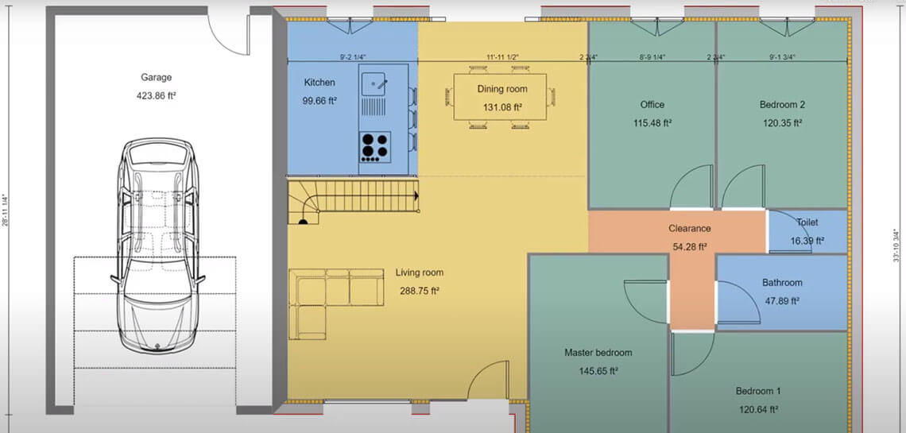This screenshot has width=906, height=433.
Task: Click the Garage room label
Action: tap(157, 78)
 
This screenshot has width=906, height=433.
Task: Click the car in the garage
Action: tap(156, 246)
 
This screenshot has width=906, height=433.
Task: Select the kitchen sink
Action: tap(375, 81)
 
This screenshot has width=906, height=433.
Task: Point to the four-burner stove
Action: tap(375, 145)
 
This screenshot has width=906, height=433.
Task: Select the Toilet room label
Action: tap(807, 223)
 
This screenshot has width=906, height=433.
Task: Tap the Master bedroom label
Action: tap(598, 353)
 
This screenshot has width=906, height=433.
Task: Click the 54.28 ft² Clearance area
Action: tap(688, 246)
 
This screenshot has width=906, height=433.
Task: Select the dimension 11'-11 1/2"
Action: tap(503, 57)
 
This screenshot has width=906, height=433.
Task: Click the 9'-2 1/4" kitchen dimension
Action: tap(351, 57)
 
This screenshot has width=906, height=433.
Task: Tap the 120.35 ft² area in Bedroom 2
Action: tap(782, 123)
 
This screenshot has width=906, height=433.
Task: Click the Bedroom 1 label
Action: tap(757, 392)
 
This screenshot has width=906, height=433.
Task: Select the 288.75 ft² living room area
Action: tap(418, 291)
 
